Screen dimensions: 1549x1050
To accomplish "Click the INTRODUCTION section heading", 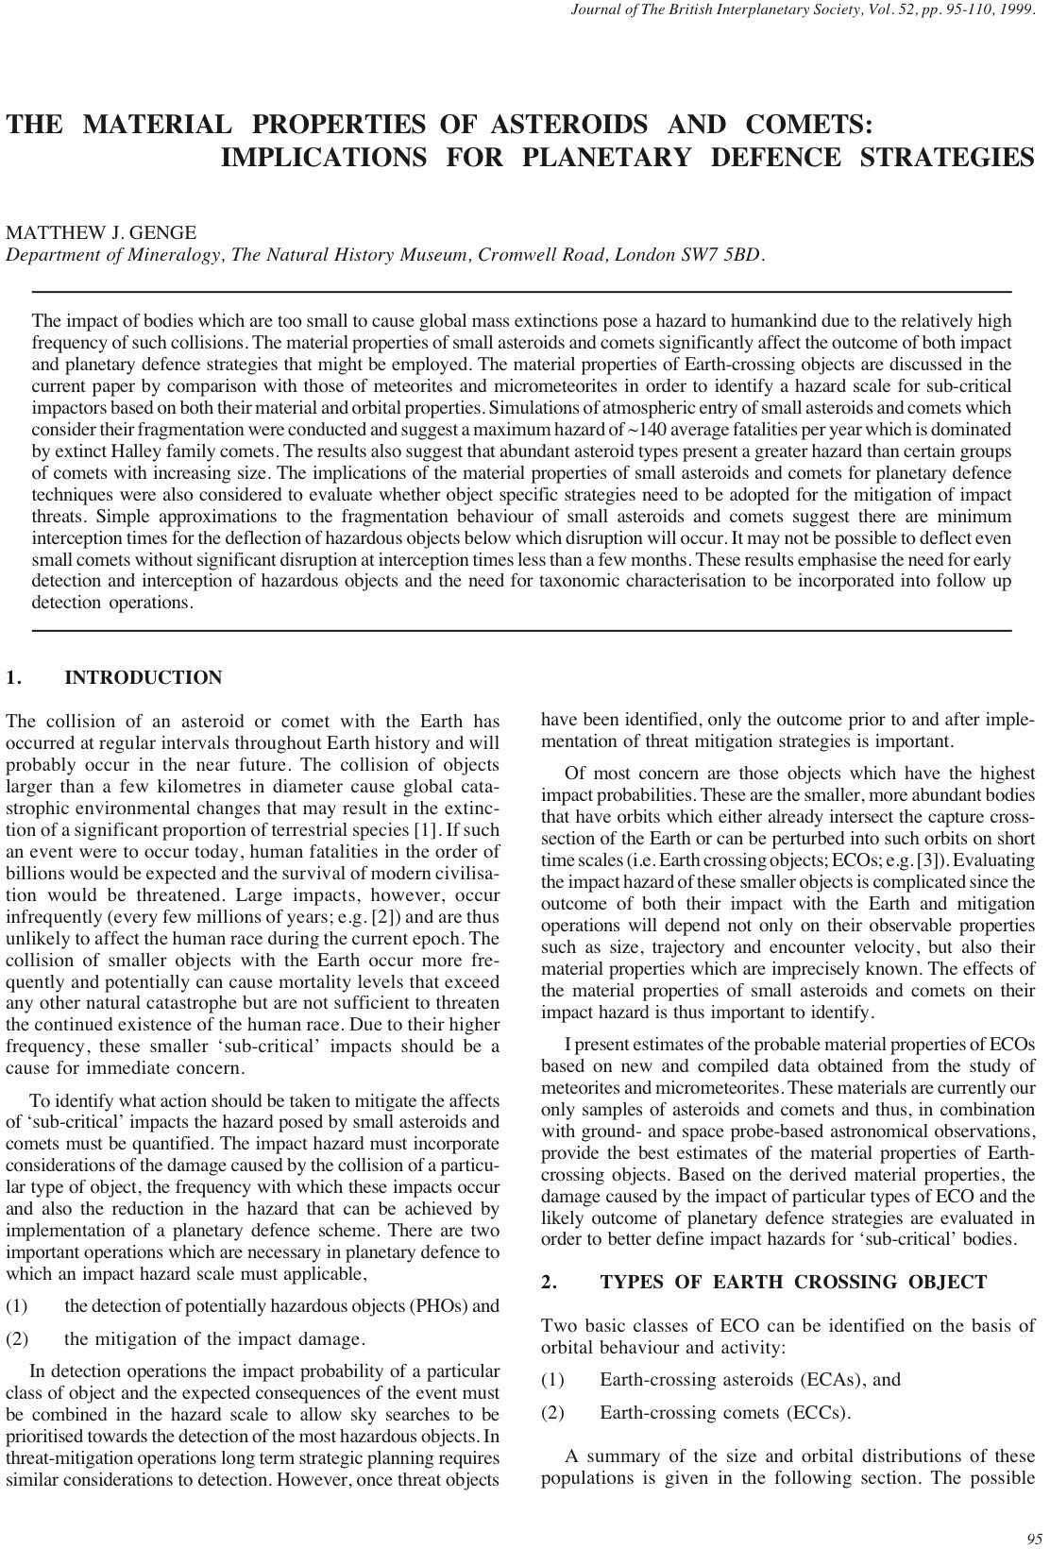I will (144, 678).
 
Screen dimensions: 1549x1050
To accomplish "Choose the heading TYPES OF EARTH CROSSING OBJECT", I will (793, 1282).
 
